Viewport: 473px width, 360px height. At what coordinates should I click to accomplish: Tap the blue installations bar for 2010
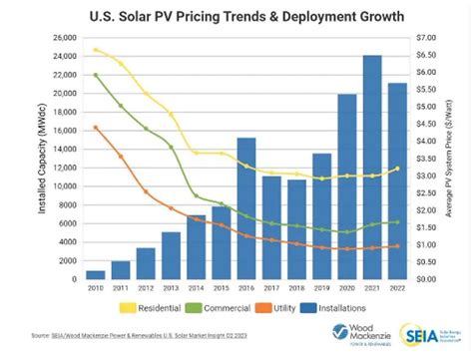click(95, 274)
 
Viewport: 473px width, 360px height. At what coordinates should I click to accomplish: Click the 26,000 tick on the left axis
click(62, 37)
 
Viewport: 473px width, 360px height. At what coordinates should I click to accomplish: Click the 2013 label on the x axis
click(171, 289)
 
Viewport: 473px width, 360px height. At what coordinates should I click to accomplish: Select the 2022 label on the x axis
click(396, 289)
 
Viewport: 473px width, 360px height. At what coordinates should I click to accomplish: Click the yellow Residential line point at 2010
click(95, 49)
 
